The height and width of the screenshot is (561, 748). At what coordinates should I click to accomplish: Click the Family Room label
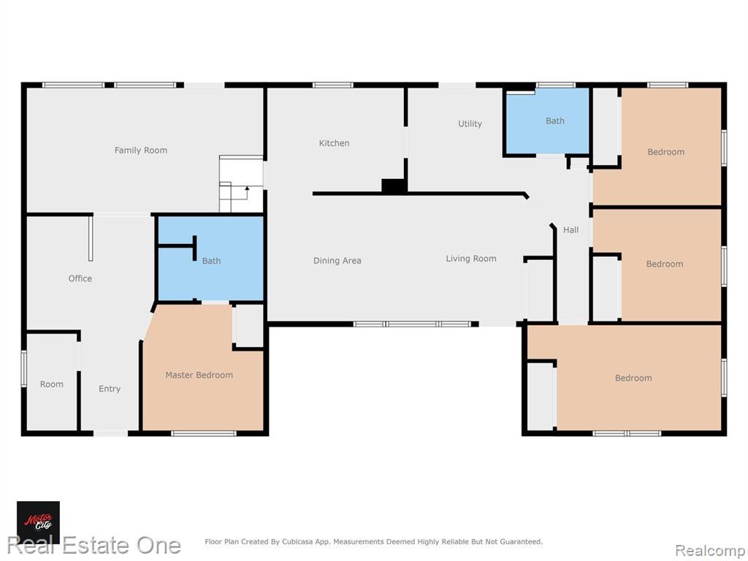click(x=141, y=150)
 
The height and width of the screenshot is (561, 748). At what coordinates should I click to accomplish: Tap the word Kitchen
click(x=334, y=143)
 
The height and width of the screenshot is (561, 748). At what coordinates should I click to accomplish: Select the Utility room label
click(x=470, y=123)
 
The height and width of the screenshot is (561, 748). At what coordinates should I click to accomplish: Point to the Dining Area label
click(x=337, y=261)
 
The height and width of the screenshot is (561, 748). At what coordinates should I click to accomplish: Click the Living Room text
click(x=471, y=259)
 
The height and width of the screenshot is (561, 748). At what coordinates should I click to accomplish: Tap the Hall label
click(x=570, y=230)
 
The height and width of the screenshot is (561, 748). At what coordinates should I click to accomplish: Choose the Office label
click(x=80, y=278)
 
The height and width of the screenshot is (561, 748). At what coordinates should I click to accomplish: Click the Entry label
click(x=110, y=389)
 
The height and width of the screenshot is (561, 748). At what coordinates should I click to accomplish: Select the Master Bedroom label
click(x=199, y=375)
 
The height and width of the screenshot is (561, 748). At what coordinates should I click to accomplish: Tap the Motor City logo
click(x=38, y=522)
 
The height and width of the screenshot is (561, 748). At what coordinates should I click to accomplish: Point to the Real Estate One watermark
click(x=93, y=545)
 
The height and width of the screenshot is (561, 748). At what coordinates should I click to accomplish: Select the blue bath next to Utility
click(x=547, y=122)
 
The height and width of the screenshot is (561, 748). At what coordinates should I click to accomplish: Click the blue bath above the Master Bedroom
click(x=210, y=259)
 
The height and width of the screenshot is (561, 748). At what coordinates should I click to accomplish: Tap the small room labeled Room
click(x=52, y=381)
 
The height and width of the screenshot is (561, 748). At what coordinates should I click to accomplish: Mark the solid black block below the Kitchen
click(x=394, y=186)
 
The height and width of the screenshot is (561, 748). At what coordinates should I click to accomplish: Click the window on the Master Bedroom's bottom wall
click(x=204, y=434)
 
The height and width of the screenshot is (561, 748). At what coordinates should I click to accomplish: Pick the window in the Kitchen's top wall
click(x=333, y=85)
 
